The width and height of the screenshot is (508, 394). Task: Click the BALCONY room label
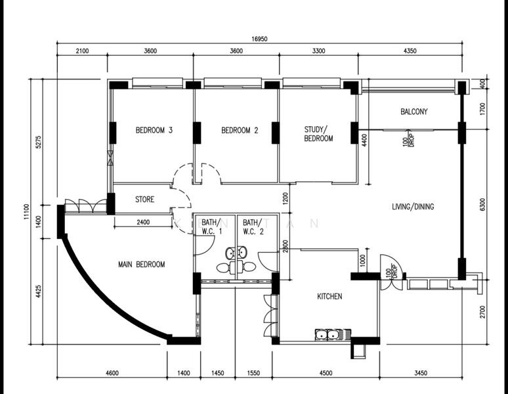(x=413, y=112)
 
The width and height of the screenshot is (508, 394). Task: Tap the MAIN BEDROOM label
(x=141, y=265)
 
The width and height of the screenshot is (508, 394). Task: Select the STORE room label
(x=144, y=199)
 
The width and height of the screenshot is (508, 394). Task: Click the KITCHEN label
(x=329, y=296)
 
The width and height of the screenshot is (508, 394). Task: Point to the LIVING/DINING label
(x=413, y=207)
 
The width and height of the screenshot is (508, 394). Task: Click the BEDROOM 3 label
(x=154, y=130)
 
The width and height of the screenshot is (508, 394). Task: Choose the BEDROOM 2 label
(x=240, y=130)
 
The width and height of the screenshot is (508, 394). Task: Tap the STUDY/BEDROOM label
(x=318, y=134)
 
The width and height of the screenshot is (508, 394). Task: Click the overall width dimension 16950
(x=259, y=39)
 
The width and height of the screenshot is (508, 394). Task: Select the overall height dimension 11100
(x=26, y=211)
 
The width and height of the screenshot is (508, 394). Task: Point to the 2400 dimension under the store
(x=143, y=222)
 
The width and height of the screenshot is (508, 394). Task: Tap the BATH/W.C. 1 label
(x=211, y=227)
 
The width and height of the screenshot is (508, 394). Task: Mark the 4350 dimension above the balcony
(x=410, y=51)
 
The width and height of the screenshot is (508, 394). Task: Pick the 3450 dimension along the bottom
(x=421, y=373)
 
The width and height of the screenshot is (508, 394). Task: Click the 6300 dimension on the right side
(x=482, y=204)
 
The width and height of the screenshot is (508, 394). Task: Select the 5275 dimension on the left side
(x=39, y=142)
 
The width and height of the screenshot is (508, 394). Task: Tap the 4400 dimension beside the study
(x=364, y=141)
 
